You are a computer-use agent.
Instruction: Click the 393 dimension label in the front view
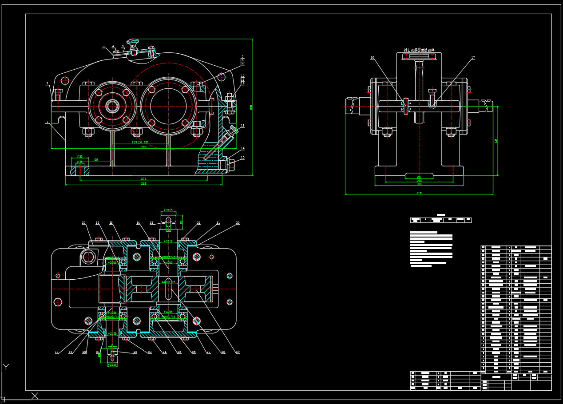point(143,147)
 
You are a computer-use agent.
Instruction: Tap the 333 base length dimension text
point(143,184)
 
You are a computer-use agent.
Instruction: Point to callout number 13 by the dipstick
point(243,126)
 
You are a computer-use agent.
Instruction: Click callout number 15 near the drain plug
point(243,157)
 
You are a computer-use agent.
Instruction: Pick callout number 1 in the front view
point(47,122)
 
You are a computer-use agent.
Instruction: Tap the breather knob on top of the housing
point(132,42)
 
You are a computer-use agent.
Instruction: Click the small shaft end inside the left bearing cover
point(112,106)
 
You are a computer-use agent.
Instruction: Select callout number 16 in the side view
point(372,58)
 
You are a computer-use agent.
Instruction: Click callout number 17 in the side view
point(473,58)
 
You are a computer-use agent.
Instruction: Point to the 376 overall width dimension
point(419,193)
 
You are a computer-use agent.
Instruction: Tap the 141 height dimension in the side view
point(496,141)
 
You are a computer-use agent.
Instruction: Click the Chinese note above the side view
point(419,50)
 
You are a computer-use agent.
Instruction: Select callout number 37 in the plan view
point(83,223)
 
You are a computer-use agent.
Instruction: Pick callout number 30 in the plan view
point(238,223)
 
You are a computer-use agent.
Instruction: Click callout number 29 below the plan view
point(238,352)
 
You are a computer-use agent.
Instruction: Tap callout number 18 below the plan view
point(57,352)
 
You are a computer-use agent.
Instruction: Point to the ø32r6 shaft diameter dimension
point(168,210)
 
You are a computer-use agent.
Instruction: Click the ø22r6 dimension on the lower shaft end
point(112,365)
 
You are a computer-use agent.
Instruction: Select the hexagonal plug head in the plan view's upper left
point(88,257)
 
